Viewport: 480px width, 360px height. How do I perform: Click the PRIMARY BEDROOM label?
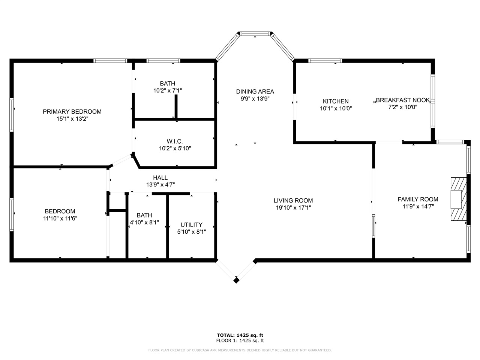point(72,112)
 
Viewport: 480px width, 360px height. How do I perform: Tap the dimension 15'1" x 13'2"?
point(72,119)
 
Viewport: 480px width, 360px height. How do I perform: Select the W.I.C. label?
point(175,141)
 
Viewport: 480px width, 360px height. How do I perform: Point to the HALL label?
point(160,177)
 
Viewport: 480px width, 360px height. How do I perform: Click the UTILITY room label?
point(192,225)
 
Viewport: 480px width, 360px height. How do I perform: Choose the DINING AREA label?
point(255,91)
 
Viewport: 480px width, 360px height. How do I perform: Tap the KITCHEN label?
point(336,101)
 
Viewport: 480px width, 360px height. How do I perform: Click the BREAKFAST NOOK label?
point(403,100)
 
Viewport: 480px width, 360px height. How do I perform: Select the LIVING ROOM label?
point(293,200)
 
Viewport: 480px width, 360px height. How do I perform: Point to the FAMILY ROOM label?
point(418,199)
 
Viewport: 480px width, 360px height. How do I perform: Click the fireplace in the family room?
point(459,199)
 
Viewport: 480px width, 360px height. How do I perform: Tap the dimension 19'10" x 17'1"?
point(294,208)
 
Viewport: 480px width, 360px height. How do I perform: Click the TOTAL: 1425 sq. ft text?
point(240,335)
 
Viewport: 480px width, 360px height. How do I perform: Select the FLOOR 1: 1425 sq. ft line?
point(240,340)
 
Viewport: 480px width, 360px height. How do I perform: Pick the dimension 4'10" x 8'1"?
point(144,222)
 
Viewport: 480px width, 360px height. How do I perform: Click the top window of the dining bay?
point(255,34)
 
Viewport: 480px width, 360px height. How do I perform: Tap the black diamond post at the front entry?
point(236,280)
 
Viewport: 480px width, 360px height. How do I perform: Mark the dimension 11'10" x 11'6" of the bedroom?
point(60,218)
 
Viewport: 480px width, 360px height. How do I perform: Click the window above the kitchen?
point(325,60)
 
